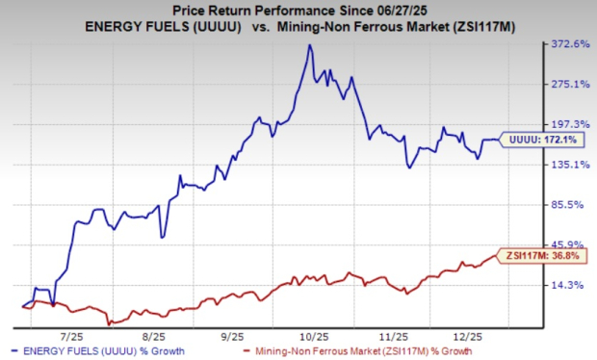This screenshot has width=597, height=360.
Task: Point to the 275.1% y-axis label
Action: click(567, 85)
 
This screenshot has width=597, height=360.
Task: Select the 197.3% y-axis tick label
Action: click(567, 125)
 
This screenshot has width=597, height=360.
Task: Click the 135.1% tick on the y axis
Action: click(567, 165)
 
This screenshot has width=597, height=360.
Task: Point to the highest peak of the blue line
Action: click(308, 45)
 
